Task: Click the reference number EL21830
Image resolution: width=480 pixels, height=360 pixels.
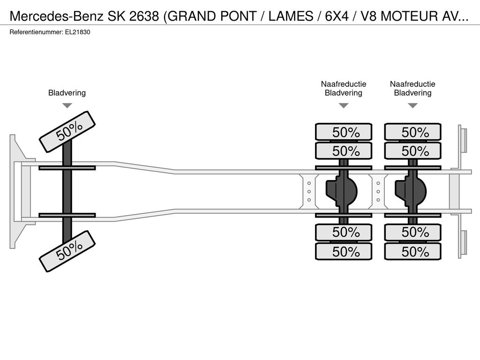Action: (77, 32)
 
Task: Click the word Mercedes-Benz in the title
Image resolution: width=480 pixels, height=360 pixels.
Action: (57, 16)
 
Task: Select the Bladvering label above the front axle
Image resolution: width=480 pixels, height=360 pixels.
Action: (67, 93)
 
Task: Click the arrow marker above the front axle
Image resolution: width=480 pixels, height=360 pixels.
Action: (67, 105)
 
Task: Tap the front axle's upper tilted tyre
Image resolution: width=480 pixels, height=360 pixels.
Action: (67, 132)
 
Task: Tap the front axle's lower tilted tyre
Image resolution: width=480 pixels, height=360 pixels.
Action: (67, 251)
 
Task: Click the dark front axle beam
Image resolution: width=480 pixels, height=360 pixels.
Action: (67, 191)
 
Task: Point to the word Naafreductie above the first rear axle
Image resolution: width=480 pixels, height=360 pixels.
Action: (344, 84)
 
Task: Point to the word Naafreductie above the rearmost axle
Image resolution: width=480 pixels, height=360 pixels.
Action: (412, 84)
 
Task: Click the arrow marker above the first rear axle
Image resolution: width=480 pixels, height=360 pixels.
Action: (344, 105)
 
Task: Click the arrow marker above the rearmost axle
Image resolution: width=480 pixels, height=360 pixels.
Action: (413, 105)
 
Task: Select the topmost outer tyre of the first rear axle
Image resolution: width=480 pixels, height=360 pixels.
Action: (344, 132)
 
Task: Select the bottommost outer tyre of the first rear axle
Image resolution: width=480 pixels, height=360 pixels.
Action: (344, 252)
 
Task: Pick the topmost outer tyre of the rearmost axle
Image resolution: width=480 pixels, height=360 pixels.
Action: (412, 132)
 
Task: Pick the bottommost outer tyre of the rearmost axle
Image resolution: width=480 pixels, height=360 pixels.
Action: (412, 252)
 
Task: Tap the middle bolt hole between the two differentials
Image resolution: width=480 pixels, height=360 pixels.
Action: (378, 192)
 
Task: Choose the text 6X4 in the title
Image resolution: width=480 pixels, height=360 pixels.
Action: (337, 16)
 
